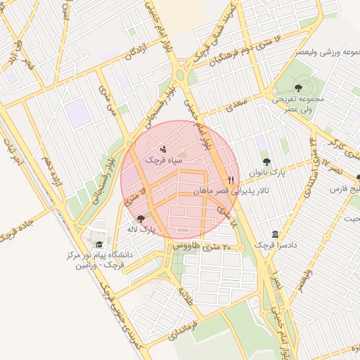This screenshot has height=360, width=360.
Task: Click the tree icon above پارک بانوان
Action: [x=265, y=162]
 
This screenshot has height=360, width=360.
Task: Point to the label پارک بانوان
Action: [x=265, y=173]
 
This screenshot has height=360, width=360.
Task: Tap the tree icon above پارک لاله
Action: [x=141, y=219]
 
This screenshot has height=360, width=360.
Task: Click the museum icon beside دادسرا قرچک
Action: [x=274, y=234]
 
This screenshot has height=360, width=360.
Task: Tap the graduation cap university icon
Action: [x=98, y=245]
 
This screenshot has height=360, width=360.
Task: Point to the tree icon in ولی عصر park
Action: [x=300, y=88]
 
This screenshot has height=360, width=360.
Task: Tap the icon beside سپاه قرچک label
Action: [x=163, y=149]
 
